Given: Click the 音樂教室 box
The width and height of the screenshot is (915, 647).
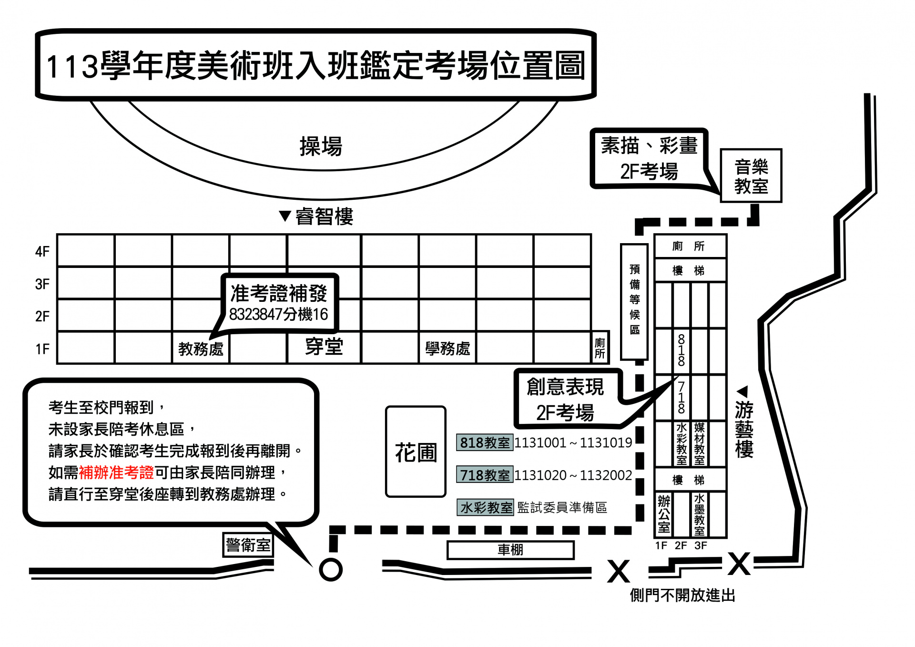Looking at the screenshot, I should tap(751, 176).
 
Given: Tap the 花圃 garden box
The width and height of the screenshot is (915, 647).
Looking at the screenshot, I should tap(416, 452).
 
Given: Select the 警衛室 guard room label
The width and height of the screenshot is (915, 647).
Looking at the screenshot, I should tap(248, 544).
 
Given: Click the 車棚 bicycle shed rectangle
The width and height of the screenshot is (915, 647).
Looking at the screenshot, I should tap(510, 550).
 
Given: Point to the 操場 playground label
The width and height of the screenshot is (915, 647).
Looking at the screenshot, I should tap(321, 146).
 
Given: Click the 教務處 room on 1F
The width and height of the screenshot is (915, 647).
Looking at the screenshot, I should tap(201, 349).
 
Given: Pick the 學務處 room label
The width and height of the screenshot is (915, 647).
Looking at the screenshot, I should tap(447, 349).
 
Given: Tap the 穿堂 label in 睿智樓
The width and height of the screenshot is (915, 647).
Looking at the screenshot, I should tap(324, 347).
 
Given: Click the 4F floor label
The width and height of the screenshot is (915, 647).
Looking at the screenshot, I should tap(42, 251).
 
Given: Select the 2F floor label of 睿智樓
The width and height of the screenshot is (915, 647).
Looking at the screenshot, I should tap(42, 316).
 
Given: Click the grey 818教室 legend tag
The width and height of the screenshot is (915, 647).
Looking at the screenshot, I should tap(485, 442).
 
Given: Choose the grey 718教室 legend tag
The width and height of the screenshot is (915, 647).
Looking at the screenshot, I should tap(485, 475).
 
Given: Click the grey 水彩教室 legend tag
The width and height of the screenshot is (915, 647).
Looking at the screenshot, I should tap(486, 507).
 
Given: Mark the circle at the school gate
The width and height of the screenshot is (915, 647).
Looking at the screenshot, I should tap(331, 569).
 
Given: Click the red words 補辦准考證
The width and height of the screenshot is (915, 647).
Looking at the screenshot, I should tap(116, 472).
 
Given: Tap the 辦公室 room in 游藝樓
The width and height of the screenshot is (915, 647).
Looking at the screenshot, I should tap(664, 514).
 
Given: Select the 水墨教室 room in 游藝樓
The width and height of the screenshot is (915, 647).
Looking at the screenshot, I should tap(699, 514).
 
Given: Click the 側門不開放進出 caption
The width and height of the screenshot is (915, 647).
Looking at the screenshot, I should tap(682, 595).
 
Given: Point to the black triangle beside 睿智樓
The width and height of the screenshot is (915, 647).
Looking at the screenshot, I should tap(285, 216).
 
